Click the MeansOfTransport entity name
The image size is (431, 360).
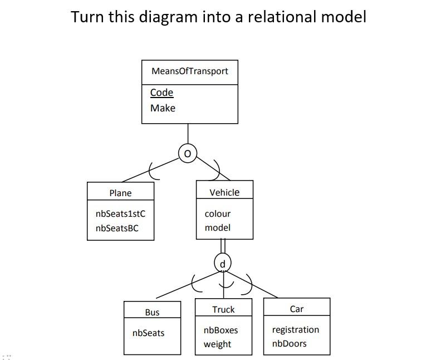click(x=190, y=71)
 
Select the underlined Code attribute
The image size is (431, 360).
click(x=161, y=93)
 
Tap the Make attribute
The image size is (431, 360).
click(x=163, y=108)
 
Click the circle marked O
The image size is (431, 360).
click(x=188, y=153)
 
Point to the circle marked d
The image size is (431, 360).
click(x=223, y=264)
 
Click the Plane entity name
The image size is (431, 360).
click(x=120, y=193)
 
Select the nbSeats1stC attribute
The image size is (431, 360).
click(x=120, y=213)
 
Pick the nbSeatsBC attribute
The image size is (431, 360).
click(x=117, y=228)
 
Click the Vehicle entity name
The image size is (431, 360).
click(x=224, y=192)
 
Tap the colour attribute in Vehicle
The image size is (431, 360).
click(x=217, y=213)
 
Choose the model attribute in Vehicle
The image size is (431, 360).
click(x=217, y=227)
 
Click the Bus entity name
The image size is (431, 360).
click(x=152, y=313)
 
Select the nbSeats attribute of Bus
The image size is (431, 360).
click(x=148, y=333)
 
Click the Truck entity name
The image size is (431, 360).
click(x=223, y=309)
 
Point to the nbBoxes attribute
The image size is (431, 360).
click(x=221, y=330)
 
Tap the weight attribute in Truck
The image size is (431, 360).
click(x=217, y=344)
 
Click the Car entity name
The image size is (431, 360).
click(x=297, y=309)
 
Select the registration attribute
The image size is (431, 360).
click(x=295, y=329)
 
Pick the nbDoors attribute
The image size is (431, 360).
click(x=289, y=343)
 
